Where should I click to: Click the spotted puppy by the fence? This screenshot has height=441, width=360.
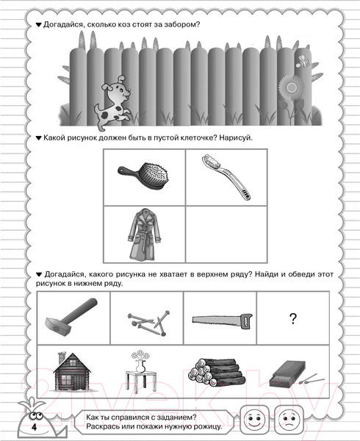pyautogui.click(x=113, y=103)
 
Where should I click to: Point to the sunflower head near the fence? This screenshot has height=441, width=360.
pyautogui.click(x=291, y=87)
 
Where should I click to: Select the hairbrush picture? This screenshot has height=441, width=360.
pyautogui.click(x=143, y=176)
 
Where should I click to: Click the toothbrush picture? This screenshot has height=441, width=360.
pyautogui.click(x=226, y=176)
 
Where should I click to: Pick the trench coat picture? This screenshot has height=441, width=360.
pyautogui.click(x=145, y=234)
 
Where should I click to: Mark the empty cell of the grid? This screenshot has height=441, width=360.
pyautogui.click(x=226, y=234)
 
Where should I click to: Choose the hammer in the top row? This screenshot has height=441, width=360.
pyautogui.click(x=71, y=316)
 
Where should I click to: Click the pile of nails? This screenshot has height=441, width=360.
pyautogui.click(x=148, y=323)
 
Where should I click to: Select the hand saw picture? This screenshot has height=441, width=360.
pyautogui.click(x=223, y=320)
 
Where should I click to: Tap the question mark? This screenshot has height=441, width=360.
pyautogui.click(x=293, y=319)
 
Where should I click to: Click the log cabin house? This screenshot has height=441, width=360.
pyautogui.click(x=72, y=371)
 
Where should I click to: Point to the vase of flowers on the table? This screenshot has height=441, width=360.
pyautogui.click(x=140, y=371)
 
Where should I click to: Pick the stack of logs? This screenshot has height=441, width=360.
pyautogui.click(x=217, y=372)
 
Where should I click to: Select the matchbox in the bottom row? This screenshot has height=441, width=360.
pyautogui.click(x=287, y=375)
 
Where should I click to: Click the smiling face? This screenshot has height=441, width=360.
pyautogui.click(x=255, y=420)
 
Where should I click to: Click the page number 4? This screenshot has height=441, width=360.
pyautogui.click(x=34, y=427)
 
